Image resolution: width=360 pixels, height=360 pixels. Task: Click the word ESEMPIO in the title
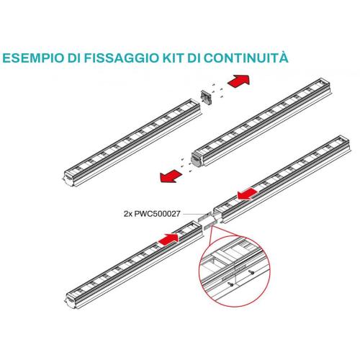click(x=33, y=58)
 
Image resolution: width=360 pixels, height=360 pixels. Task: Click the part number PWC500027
click(x=157, y=214)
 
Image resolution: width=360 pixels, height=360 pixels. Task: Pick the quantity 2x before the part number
click(x=128, y=214)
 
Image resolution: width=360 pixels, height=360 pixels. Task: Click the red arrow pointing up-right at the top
click(x=238, y=81)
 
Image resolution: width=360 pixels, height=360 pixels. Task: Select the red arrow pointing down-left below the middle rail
click(x=171, y=176)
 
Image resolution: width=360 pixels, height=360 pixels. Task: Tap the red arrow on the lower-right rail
click(x=248, y=194)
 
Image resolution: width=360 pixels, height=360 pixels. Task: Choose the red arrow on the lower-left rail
click(x=168, y=240)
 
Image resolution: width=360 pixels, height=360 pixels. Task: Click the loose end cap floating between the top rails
click(x=207, y=97)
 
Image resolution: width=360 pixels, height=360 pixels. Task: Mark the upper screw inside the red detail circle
click(x=252, y=272)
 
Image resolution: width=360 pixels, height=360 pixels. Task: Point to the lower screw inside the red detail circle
click(x=231, y=284)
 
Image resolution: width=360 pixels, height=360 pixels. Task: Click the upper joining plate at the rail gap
click(x=204, y=217)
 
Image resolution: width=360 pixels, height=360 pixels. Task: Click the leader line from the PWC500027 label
click(x=194, y=214)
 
